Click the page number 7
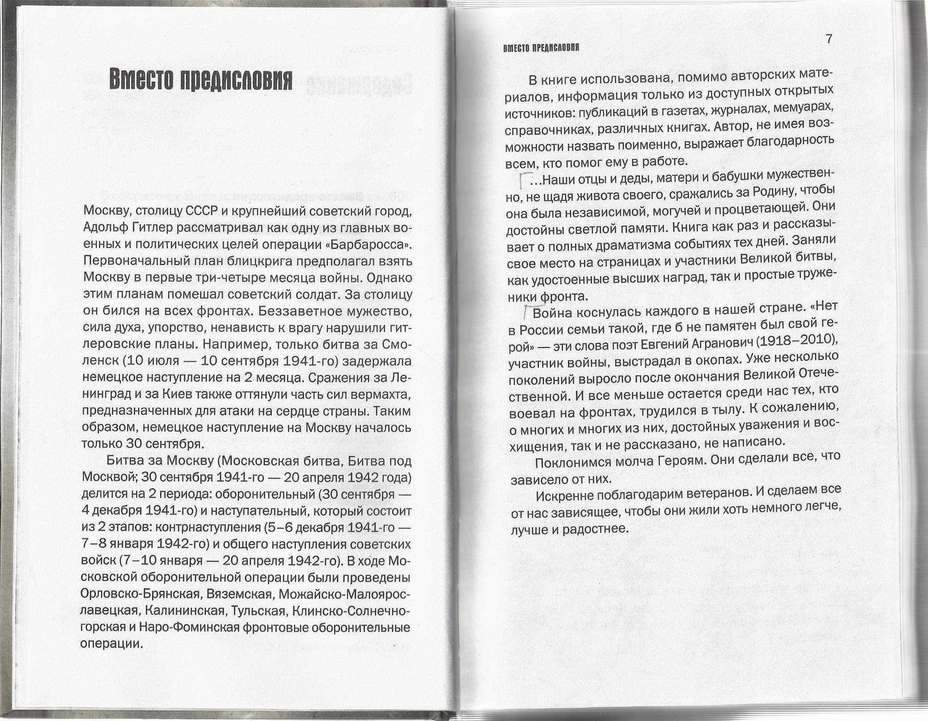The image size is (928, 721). pos(829,39)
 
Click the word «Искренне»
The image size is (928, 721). pos(564,495)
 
